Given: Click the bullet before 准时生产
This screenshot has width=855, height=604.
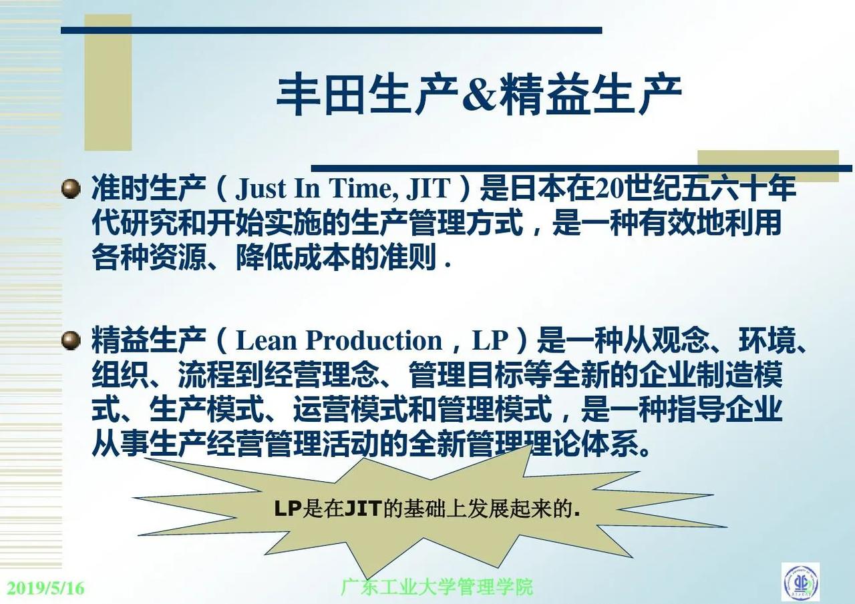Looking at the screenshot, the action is click(71, 189).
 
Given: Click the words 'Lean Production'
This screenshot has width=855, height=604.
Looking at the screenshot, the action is click(339, 340).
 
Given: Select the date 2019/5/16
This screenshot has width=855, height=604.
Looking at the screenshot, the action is click(46, 587).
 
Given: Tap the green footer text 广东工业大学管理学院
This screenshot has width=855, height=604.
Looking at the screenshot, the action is click(437, 587).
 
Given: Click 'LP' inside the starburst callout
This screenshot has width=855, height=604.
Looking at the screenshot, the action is click(288, 509).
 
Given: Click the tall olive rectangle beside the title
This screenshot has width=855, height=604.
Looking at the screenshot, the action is click(108, 82).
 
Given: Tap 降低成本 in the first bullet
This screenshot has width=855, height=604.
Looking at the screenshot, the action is click(293, 258).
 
